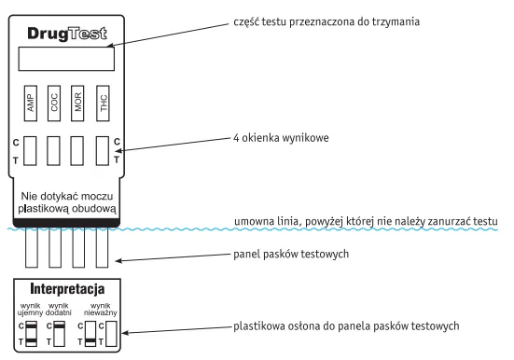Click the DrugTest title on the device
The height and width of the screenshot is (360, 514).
point(64,33)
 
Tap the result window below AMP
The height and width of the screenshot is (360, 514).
point(30,151)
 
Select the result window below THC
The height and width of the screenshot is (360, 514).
point(102,151)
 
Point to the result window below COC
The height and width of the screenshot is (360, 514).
point(54,151)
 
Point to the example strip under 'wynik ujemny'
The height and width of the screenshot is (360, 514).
point(30,335)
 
